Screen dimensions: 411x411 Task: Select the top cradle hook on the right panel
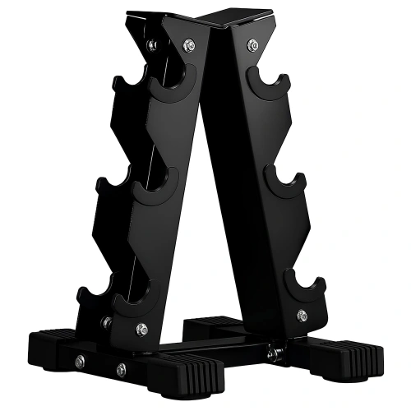tap(272, 85)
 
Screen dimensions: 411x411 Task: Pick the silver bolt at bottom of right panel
tap(300, 314)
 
